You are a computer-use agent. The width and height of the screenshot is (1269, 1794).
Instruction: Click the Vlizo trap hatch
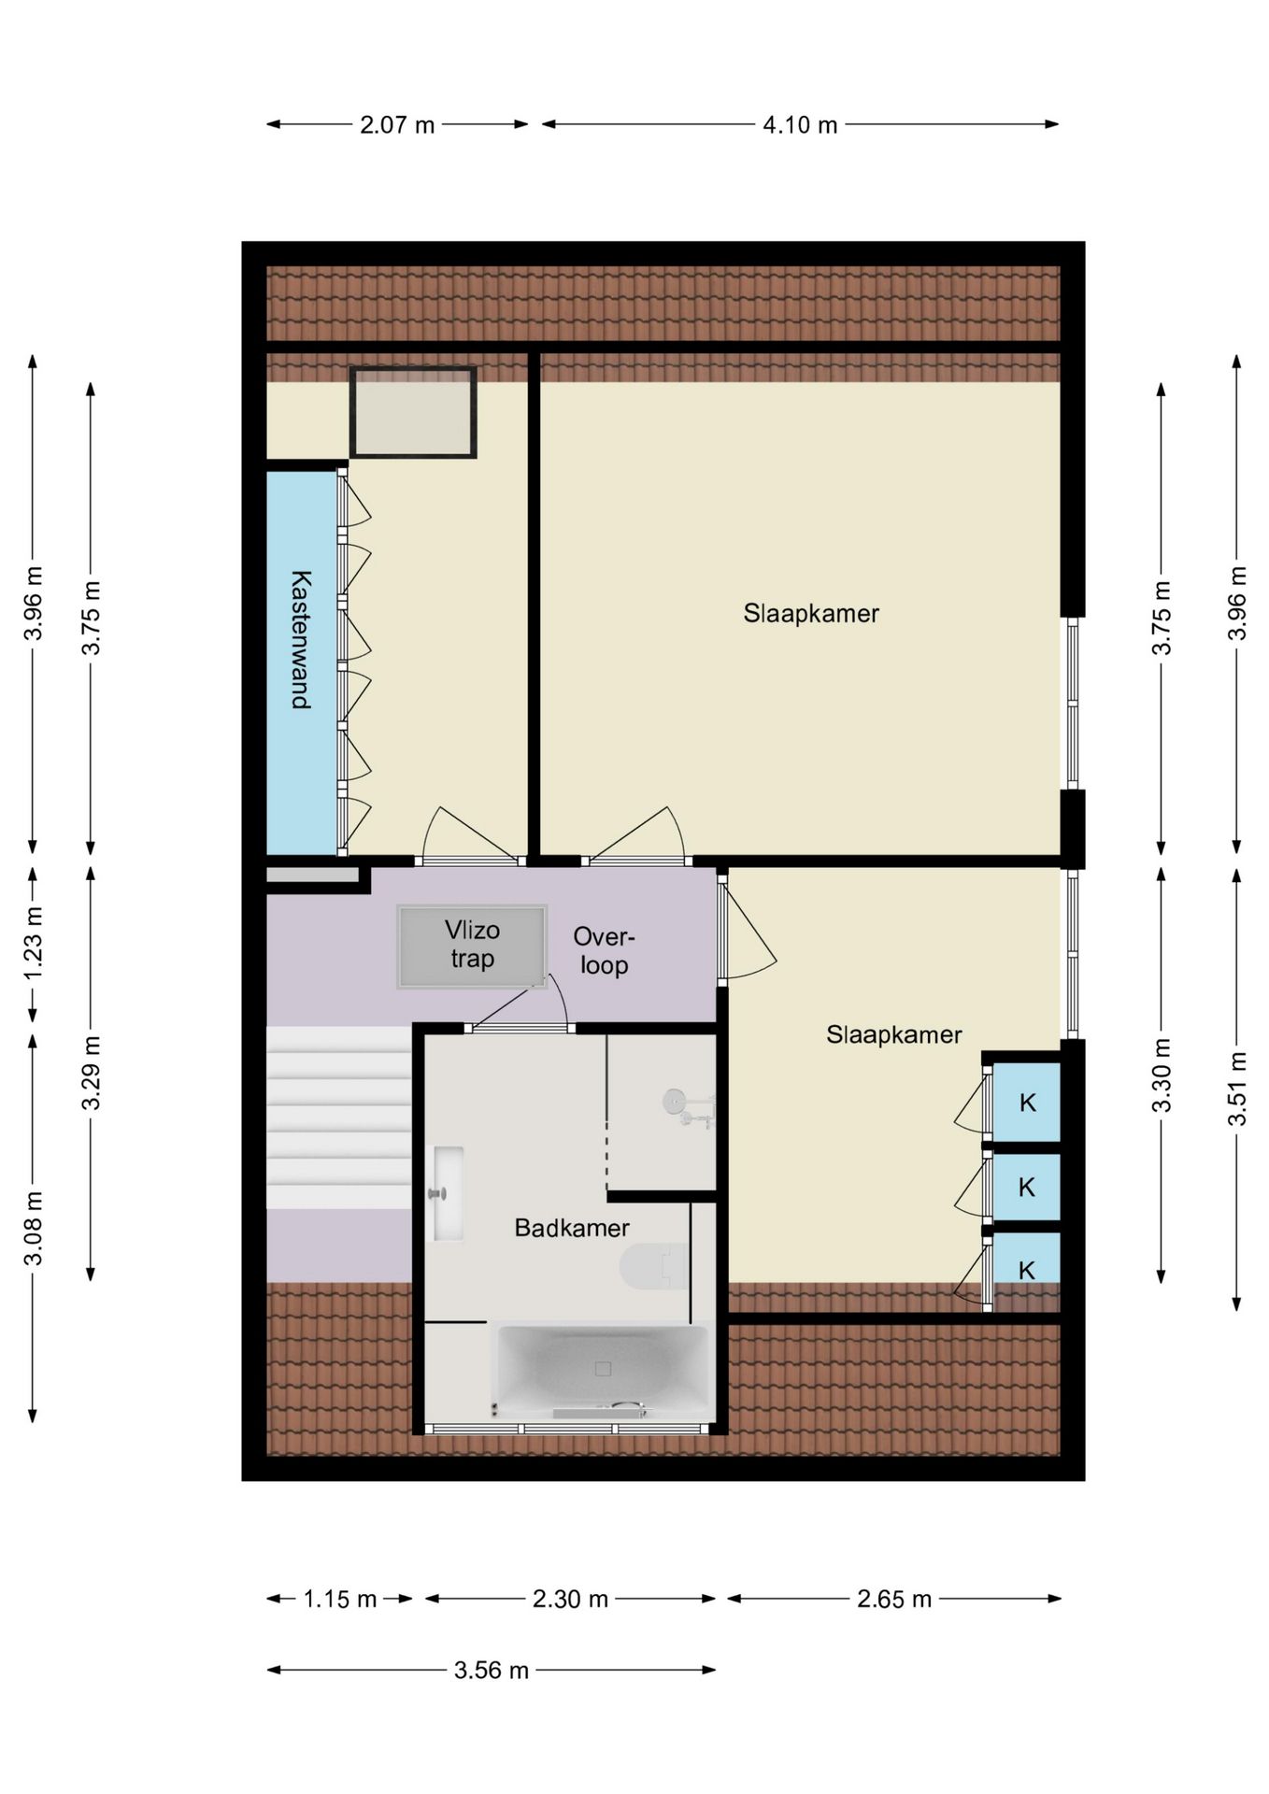(472, 946)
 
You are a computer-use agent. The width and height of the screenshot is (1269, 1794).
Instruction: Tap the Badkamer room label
(572, 1228)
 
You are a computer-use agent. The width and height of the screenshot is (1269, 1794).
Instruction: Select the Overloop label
(604, 950)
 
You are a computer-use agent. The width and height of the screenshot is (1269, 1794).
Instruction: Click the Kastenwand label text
(301, 639)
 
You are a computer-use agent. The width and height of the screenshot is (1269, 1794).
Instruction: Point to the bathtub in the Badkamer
(603, 1370)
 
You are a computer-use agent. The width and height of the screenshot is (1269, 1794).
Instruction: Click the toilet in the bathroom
(654, 1267)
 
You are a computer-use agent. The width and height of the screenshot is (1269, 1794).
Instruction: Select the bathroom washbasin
(446, 1193)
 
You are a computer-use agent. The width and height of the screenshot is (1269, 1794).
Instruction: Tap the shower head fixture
(689, 1106)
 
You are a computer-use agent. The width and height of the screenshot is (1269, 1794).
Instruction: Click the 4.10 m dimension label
(800, 124)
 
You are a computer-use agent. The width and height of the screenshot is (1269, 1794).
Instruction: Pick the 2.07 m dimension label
(397, 124)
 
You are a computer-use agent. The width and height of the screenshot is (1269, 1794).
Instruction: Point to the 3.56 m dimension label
(492, 1670)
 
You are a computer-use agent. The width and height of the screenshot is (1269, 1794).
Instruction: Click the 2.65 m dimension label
(894, 1599)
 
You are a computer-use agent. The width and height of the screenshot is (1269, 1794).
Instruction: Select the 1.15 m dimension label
(340, 1599)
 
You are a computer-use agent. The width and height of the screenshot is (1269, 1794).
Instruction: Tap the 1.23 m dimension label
(34, 944)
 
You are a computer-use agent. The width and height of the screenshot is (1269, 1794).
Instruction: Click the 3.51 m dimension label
(1237, 1089)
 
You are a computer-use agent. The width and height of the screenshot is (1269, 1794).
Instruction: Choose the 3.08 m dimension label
(34, 1229)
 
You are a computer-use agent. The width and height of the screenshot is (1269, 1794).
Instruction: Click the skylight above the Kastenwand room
(413, 412)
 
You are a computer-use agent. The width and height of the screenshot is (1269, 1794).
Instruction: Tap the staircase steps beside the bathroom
(339, 1118)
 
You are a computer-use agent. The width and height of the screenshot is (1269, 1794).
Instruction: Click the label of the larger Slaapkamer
(811, 614)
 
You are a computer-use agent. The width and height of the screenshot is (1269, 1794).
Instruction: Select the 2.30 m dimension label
(570, 1599)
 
